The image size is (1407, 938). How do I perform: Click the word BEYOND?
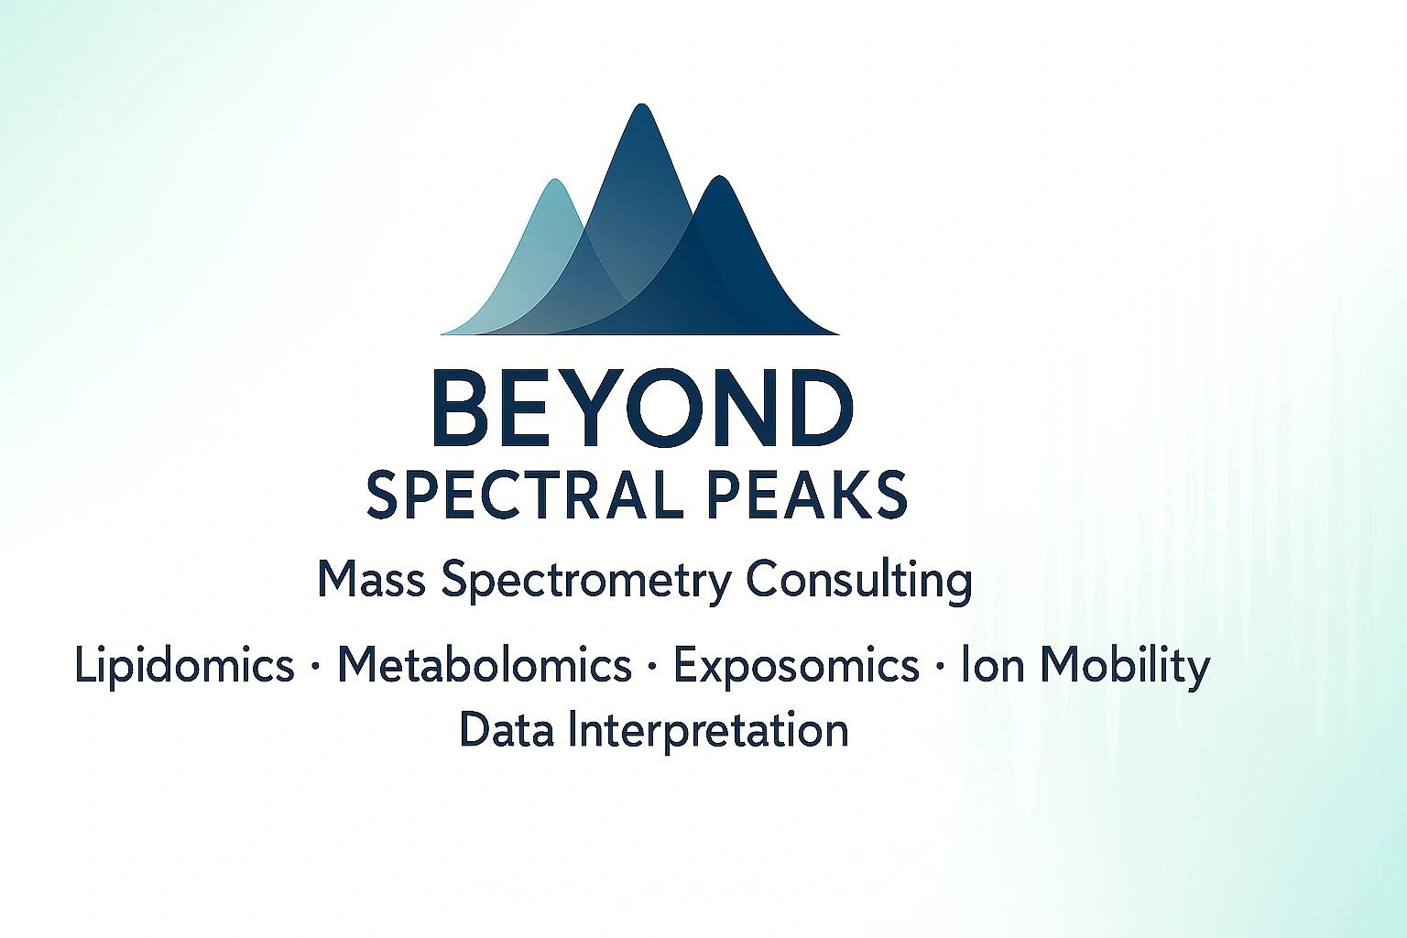point(641,409)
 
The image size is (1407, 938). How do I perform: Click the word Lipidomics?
point(184,666)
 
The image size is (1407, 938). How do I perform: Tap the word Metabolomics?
point(485,665)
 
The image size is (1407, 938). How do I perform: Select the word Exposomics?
point(796,667)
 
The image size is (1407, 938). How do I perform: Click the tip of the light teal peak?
point(554,182)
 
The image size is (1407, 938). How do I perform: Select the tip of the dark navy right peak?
point(720,180)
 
